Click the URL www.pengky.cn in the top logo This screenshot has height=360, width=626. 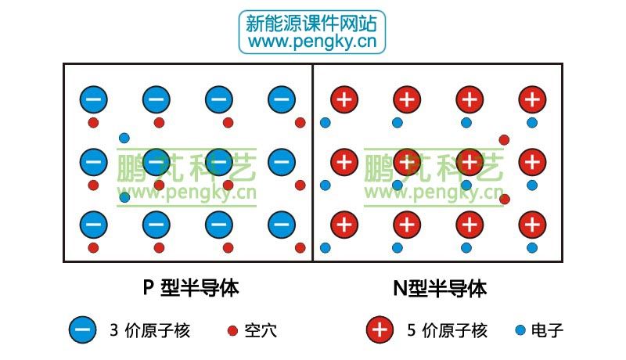(x=312, y=42)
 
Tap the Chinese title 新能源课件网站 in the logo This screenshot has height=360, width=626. (x=311, y=23)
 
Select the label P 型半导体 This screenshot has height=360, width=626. (x=191, y=288)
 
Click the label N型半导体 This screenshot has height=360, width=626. (x=440, y=288)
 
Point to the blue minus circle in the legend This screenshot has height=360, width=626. (x=83, y=329)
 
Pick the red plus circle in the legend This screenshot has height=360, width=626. (x=380, y=329)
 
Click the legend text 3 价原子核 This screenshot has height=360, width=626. (x=150, y=330)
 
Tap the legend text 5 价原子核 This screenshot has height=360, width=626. (x=447, y=330)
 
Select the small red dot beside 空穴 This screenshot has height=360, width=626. (x=232, y=330)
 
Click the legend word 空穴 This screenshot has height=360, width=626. (x=261, y=330)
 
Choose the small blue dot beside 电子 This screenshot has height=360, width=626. (x=520, y=330)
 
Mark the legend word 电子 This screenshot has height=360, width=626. (x=547, y=330)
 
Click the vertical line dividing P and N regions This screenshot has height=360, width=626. (x=312, y=163)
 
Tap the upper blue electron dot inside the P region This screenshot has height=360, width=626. (x=124, y=138)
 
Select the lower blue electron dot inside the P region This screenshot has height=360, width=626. (x=124, y=197)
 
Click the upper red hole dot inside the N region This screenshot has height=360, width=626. (x=504, y=139)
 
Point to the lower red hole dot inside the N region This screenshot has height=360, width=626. (x=505, y=199)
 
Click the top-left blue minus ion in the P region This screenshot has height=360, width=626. (x=94, y=99)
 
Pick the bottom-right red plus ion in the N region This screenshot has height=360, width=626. (x=532, y=225)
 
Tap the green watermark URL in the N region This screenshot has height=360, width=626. (x=434, y=193)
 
